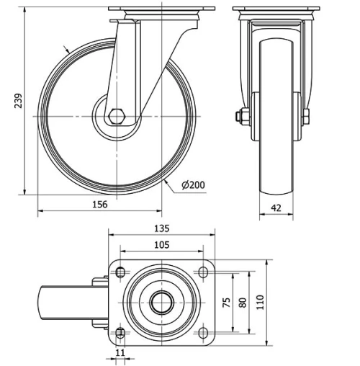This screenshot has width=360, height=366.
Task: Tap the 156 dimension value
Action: pos(99,205)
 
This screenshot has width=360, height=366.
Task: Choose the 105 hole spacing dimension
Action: pos(162,245)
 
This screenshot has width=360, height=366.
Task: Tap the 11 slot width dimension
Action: pos(120,354)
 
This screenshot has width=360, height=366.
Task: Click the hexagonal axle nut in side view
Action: pos(117,116)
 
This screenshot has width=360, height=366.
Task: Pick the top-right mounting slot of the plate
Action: pos(203,273)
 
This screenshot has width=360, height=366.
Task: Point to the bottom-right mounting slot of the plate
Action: pos(203,333)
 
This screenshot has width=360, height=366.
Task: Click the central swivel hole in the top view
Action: pos(161,303)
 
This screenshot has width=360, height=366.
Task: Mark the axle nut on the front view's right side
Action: pos(307,116)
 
